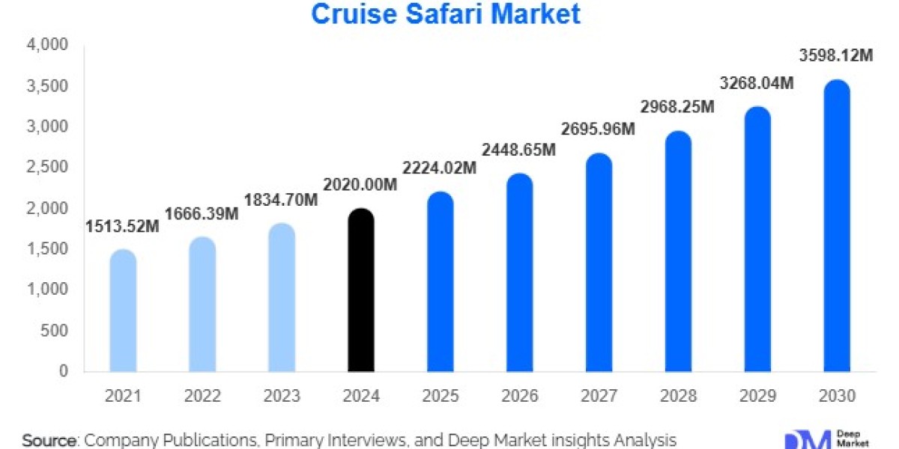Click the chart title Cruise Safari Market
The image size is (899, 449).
[445, 14]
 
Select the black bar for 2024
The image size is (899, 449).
[361, 292]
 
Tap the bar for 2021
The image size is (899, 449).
[123, 311]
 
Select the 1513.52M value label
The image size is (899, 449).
[122, 227]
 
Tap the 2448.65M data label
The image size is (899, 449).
[518, 150]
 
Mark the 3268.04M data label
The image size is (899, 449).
[756, 84]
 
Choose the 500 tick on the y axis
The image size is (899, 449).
[57, 331]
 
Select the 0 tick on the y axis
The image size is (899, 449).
[64, 371]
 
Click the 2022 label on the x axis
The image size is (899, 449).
[202, 395]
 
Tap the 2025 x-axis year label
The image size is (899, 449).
[440, 395]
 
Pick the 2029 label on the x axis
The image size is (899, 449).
[757, 395]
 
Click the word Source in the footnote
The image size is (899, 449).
[49, 440]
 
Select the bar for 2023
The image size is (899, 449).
[281, 298]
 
